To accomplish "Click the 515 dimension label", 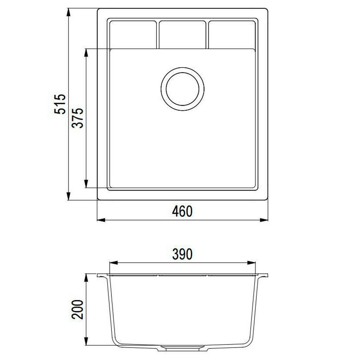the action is (x=60, y=104).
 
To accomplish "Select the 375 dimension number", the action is (x=77, y=118).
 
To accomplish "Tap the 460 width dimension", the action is (x=182, y=211).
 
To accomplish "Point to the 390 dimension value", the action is (x=182, y=254).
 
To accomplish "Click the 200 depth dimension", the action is (x=77, y=309).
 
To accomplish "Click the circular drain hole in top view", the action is (x=182, y=89).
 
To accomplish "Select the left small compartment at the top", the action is (x=133, y=35).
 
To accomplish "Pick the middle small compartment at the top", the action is (x=182, y=35).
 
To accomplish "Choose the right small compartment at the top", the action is (x=232, y=35).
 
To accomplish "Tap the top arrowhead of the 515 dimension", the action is (x=68, y=13).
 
